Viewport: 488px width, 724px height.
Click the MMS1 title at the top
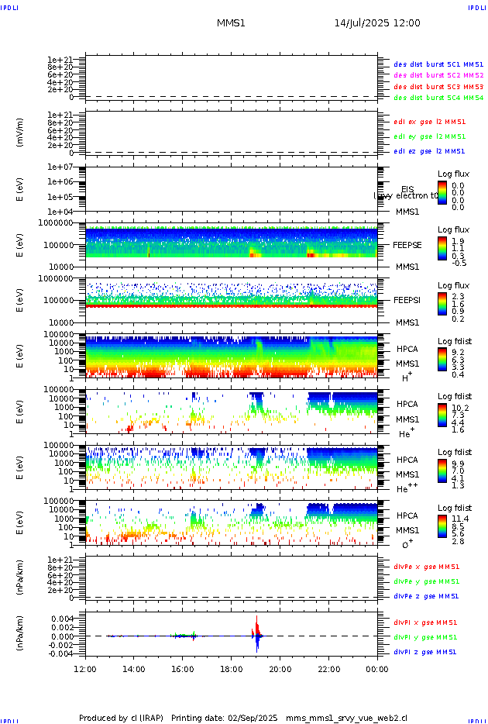coord(231,23)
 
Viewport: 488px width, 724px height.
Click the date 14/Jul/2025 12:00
coord(377,23)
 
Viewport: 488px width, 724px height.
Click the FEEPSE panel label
coord(407,244)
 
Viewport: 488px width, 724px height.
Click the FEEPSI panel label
coord(407,300)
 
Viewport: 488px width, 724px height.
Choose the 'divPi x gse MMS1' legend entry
coord(424,622)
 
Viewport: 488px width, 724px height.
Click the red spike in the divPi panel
coord(257,625)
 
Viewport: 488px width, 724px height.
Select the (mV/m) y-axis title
coord(21,133)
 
